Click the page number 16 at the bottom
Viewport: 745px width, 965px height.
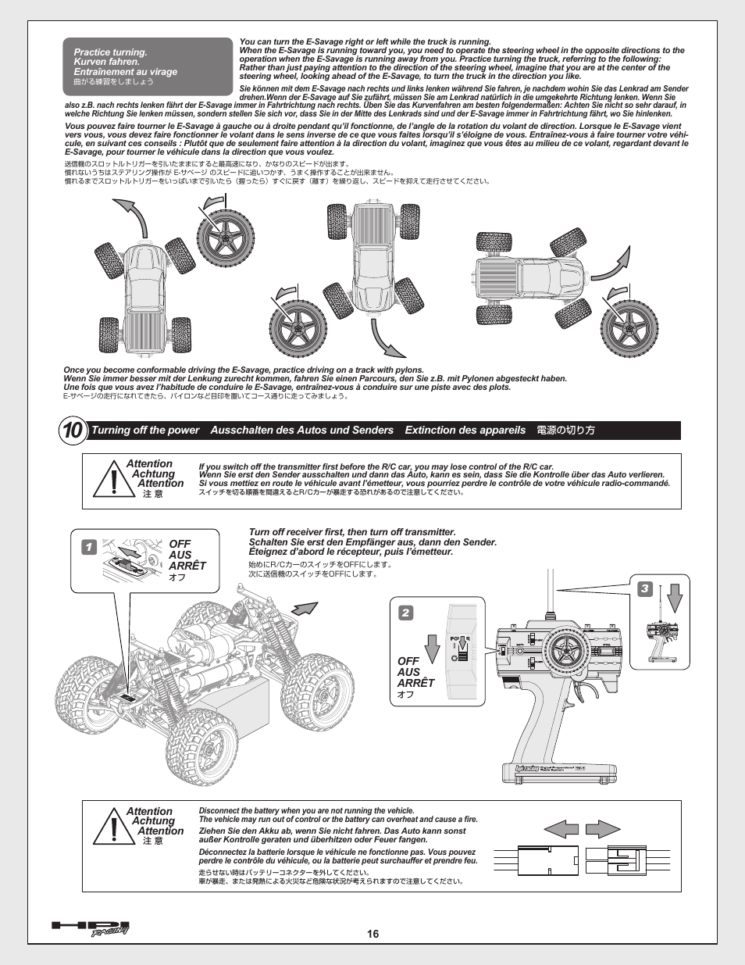[372, 934]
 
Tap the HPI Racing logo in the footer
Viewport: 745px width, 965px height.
[91, 927]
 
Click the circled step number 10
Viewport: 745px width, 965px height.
[72, 431]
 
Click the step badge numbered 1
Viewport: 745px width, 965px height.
[87, 547]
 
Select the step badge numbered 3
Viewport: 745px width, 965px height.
[645, 588]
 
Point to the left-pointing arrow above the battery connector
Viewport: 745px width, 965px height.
[561, 829]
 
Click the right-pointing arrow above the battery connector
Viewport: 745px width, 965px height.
[603, 829]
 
